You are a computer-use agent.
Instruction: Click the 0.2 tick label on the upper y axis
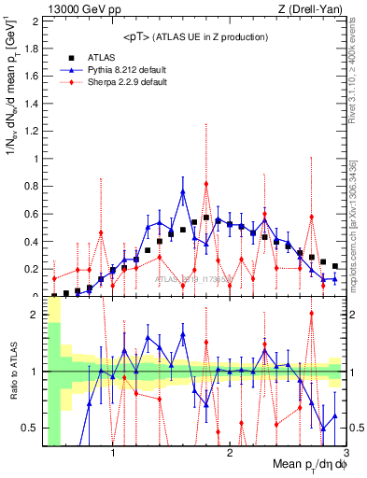tap(32, 269)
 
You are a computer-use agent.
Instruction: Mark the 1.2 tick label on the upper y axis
tap(32, 130)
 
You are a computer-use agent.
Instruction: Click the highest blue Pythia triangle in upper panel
tap(183, 192)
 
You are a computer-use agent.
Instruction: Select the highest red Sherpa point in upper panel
tap(206, 184)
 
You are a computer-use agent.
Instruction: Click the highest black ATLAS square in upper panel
tap(206, 218)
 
